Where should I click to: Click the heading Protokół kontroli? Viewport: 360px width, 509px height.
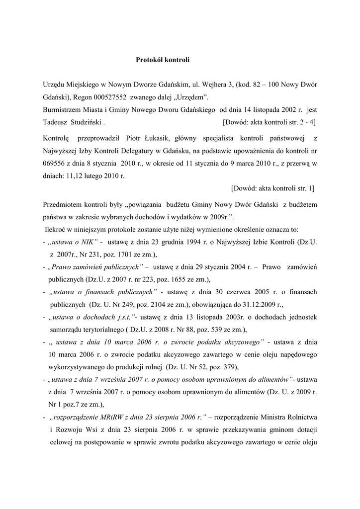(163, 60)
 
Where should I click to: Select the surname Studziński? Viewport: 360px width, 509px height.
(86, 122)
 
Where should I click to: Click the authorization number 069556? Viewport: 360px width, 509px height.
(55, 163)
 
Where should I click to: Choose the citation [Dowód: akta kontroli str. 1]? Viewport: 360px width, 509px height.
(273, 188)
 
